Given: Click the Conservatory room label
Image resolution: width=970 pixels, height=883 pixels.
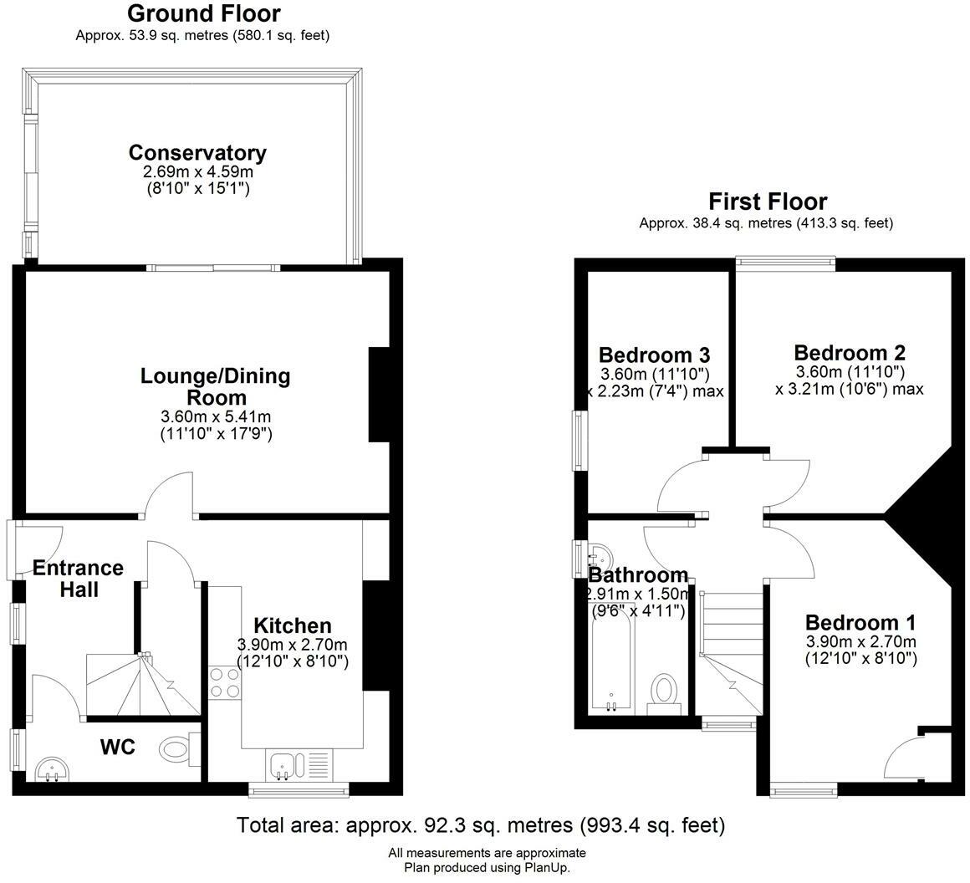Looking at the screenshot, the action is click(x=197, y=152).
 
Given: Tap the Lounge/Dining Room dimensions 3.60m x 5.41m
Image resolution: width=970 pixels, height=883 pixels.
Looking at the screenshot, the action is click(x=216, y=416).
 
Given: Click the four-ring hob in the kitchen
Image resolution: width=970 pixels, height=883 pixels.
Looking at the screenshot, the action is click(x=225, y=682).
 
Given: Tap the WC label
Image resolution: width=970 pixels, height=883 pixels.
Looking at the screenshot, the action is click(x=118, y=747).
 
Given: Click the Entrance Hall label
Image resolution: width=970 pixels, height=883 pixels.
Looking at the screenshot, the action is click(x=78, y=578).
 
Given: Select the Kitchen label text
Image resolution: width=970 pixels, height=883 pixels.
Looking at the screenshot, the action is click(x=293, y=625).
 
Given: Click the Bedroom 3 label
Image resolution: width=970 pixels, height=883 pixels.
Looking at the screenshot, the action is click(x=655, y=355).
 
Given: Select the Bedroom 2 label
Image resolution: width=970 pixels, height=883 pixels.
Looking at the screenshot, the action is click(x=850, y=353).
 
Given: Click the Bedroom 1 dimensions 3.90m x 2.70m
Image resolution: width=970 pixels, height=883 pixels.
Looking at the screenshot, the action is click(x=860, y=641).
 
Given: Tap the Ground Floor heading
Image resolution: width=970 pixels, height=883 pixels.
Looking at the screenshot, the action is click(x=203, y=13).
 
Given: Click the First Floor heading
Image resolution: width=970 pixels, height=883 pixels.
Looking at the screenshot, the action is click(x=768, y=202).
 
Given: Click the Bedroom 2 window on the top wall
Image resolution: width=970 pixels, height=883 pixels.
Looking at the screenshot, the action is click(x=785, y=263).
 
